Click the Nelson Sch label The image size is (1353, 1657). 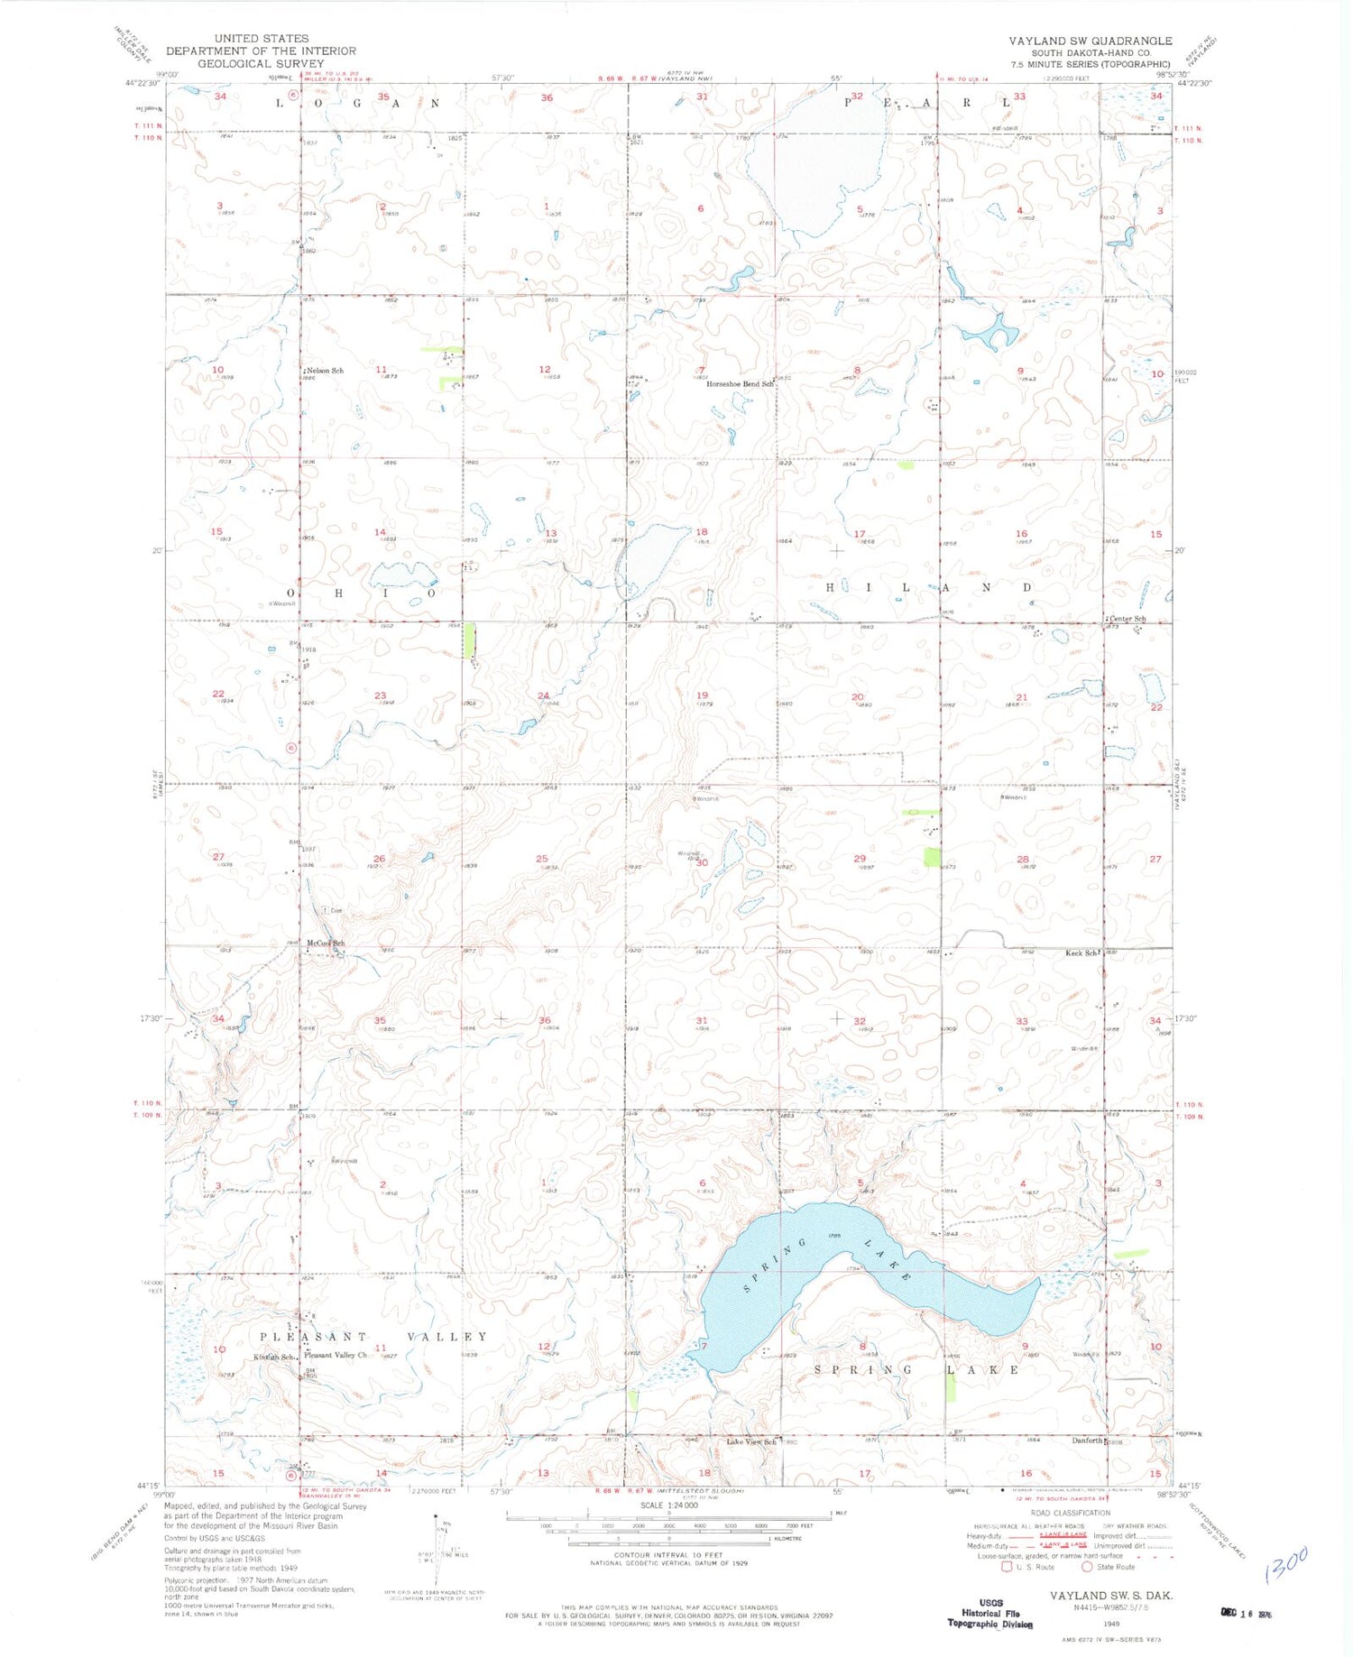(326, 371)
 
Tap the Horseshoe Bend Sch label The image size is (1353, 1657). (740, 384)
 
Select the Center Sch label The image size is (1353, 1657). (1128, 619)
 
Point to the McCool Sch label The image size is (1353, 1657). (326, 944)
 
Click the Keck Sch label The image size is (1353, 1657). (1081, 953)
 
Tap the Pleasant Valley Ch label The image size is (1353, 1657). (336, 1356)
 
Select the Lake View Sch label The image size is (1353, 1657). (751, 1441)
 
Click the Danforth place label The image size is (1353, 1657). (1087, 1441)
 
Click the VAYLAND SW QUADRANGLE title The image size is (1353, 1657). (1090, 41)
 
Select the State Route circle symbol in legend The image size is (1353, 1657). (1087, 1567)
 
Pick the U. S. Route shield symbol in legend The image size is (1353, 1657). (1008, 1567)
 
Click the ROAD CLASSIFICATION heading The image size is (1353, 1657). (1070, 1513)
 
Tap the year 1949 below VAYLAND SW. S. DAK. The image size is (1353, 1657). (1110, 1610)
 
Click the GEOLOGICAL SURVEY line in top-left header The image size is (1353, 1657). (261, 64)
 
